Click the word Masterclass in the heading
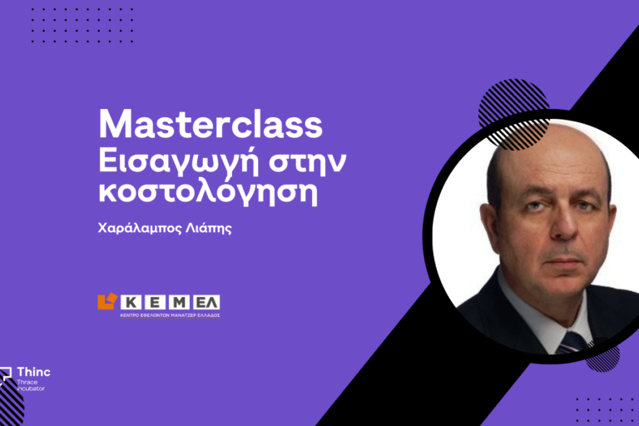click(x=211, y=124)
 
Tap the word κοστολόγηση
click(x=208, y=191)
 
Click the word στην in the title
click(x=307, y=162)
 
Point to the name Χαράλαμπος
click(x=140, y=228)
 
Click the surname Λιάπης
click(x=209, y=228)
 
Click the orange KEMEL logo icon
click(x=107, y=301)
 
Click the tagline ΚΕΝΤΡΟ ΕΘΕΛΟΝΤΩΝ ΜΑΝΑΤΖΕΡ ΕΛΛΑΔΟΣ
click(x=170, y=315)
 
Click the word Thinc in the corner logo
click(x=34, y=372)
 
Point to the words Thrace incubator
click(x=31, y=385)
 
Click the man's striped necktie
click(x=571, y=343)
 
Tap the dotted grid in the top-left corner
click(x=82, y=25)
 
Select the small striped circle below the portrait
click(x=602, y=354)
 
